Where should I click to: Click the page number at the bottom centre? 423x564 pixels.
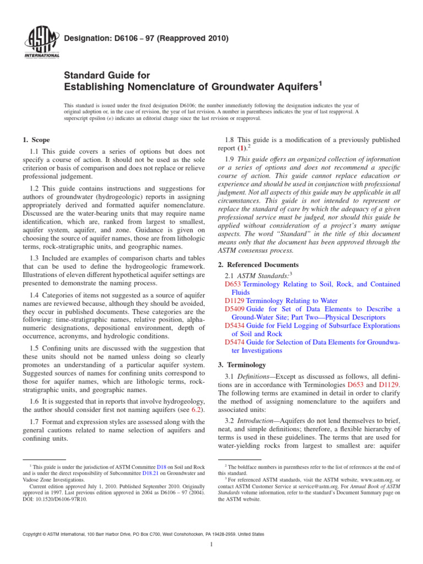(211, 545)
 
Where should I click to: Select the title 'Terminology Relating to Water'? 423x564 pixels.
(291, 301)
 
